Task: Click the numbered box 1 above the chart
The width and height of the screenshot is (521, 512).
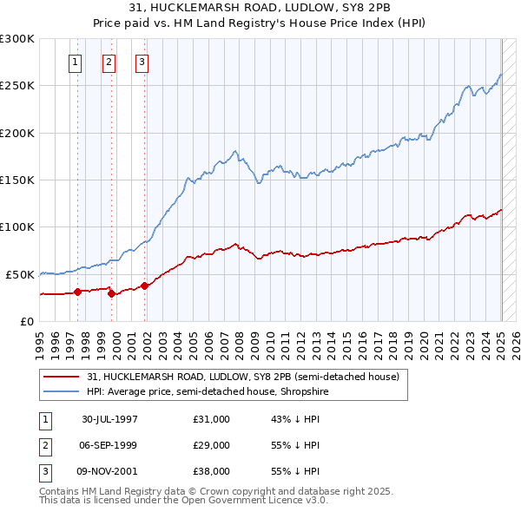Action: click(76, 62)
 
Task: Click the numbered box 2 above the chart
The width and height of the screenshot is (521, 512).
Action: click(109, 62)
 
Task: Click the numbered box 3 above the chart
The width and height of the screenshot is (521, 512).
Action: click(142, 62)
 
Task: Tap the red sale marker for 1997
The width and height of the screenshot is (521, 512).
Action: click(78, 292)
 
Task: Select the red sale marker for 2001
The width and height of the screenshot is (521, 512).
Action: click(144, 285)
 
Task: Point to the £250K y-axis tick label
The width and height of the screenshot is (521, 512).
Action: click(17, 86)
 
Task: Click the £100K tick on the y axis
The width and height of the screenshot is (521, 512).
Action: click(17, 226)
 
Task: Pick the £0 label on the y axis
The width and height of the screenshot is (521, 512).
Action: click(26, 321)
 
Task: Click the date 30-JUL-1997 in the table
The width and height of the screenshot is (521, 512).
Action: click(110, 419)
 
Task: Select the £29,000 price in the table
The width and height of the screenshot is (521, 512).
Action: click(212, 445)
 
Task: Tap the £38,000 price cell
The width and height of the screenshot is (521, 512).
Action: click(212, 471)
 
